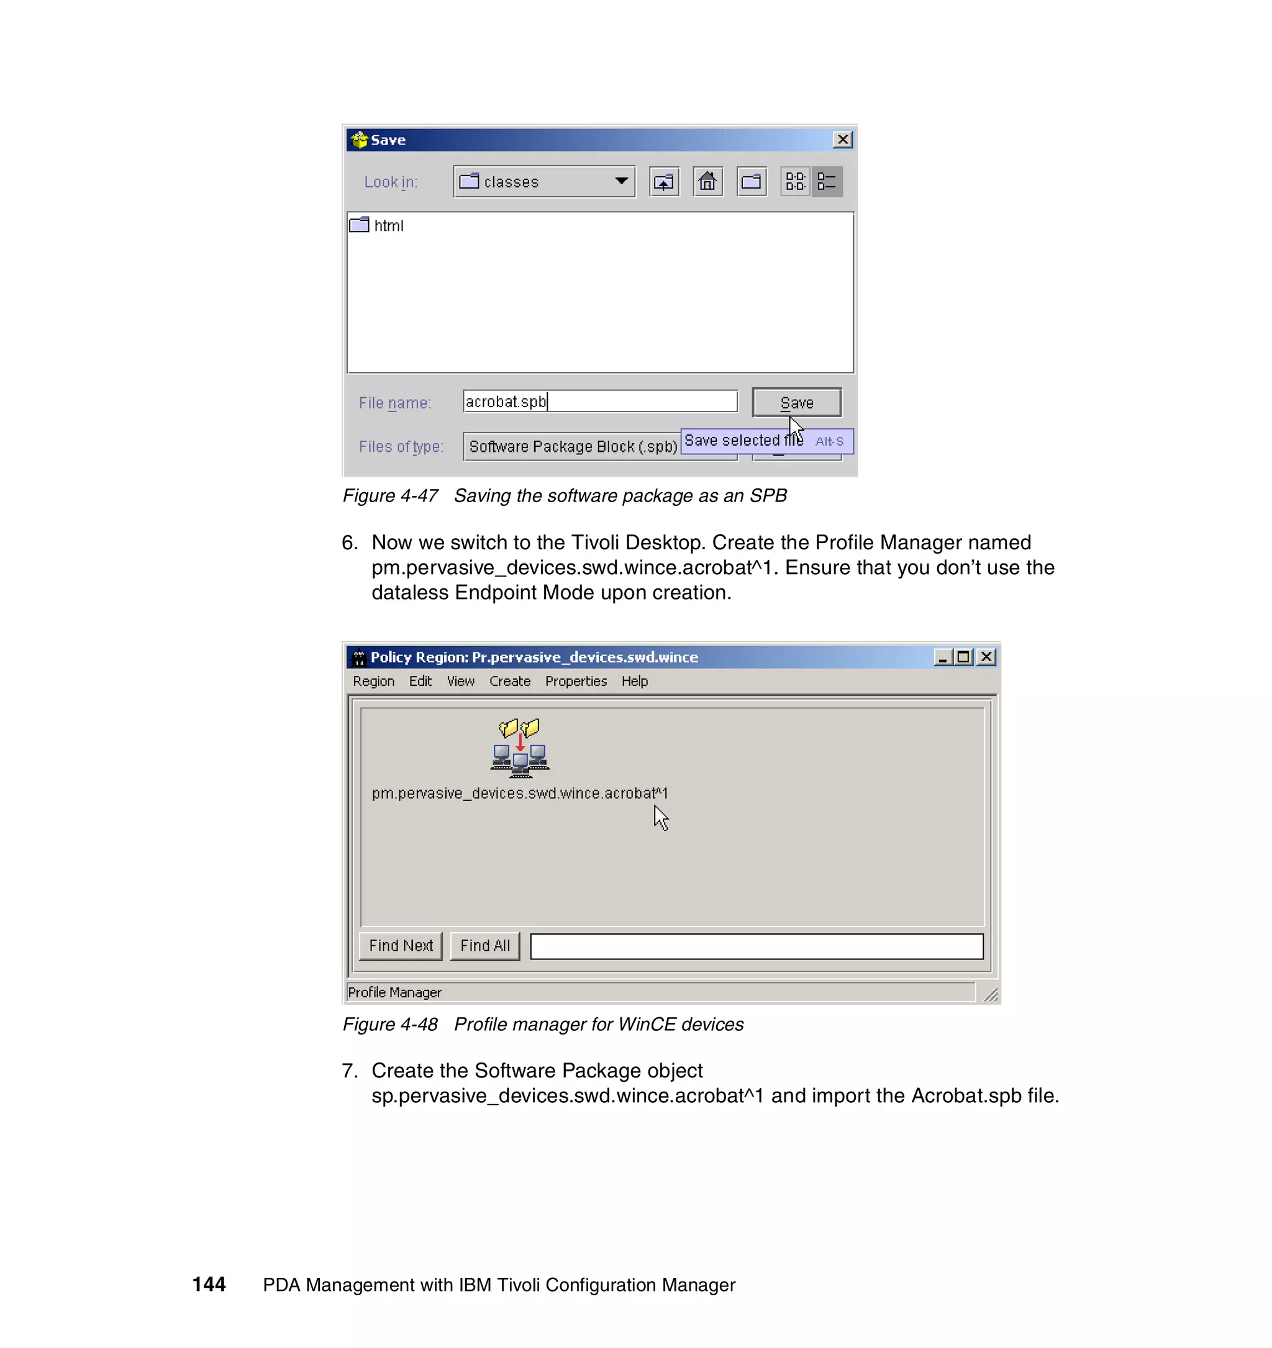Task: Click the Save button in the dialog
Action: [x=796, y=403]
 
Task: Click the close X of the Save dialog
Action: [x=842, y=140]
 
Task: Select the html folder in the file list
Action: [x=388, y=226]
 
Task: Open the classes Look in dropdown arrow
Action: [x=620, y=181]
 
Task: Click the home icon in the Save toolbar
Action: [x=707, y=182]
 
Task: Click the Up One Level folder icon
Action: [x=663, y=182]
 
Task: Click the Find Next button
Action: [x=400, y=946]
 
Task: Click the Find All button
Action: [x=484, y=946]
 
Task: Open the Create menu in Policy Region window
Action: [x=509, y=681]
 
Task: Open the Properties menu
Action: [x=575, y=681]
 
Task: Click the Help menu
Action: [x=634, y=681]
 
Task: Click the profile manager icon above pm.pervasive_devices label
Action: [x=520, y=748]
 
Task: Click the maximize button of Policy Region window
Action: [x=963, y=657]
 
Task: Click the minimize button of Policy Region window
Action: [x=942, y=657]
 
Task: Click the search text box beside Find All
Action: [x=756, y=946]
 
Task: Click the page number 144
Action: [x=209, y=1284]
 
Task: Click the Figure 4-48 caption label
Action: [x=390, y=1024]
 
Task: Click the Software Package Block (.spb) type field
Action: [x=572, y=447]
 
